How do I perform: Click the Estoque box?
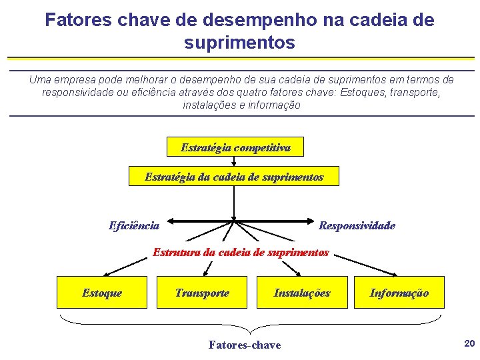pyautogui.click(x=101, y=293)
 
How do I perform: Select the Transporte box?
pyautogui.click(x=201, y=293)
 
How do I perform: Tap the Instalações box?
pyautogui.click(x=302, y=293)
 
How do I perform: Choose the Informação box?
pyautogui.click(x=399, y=293)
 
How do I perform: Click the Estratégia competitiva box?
pyautogui.click(x=235, y=147)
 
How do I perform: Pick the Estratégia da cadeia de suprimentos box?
pyautogui.click(x=233, y=177)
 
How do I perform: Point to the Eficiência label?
pyautogui.click(x=134, y=225)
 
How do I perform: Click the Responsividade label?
pyautogui.click(x=357, y=225)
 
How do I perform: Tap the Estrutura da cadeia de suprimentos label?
pyautogui.click(x=241, y=252)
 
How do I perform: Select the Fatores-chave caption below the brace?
pyautogui.click(x=244, y=345)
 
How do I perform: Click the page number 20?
pyautogui.click(x=469, y=343)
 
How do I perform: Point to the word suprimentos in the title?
pyautogui.click(x=239, y=43)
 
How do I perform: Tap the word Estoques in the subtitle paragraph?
pyautogui.click(x=359, y=92)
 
